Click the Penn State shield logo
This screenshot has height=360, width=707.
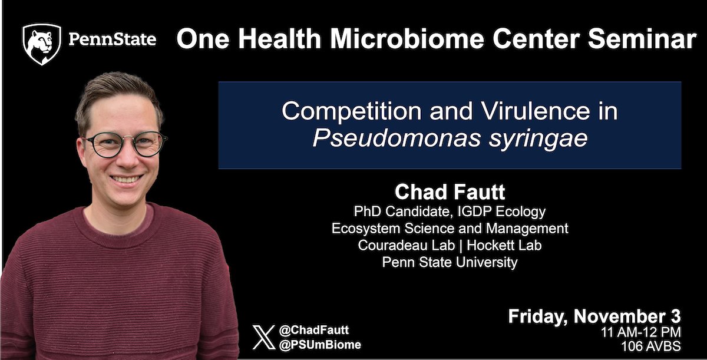point(41,44)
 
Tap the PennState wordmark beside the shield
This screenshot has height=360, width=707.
point(113,40)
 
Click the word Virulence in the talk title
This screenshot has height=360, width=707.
point(528,111)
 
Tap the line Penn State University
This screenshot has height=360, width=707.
point(450,263)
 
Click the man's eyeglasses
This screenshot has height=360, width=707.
point(125,143)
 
